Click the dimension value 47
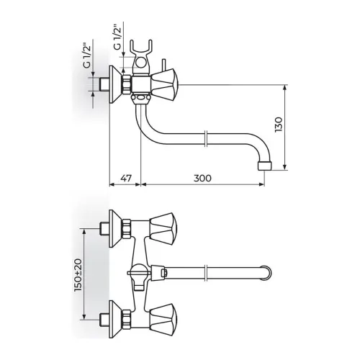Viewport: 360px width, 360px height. click(x=126, y=179)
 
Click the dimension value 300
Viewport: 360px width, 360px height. click(x=202, y=179)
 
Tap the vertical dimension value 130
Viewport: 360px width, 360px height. click(x=279, y=125)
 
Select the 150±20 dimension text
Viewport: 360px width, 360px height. click(x=78, y=275)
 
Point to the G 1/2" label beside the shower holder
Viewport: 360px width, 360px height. click(x=117, y=36)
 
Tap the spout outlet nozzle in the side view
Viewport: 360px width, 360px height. click(x=265, y=166)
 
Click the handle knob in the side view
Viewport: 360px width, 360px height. click(x=163, y=85)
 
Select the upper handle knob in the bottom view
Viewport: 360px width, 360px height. click(x=163, y=229)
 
